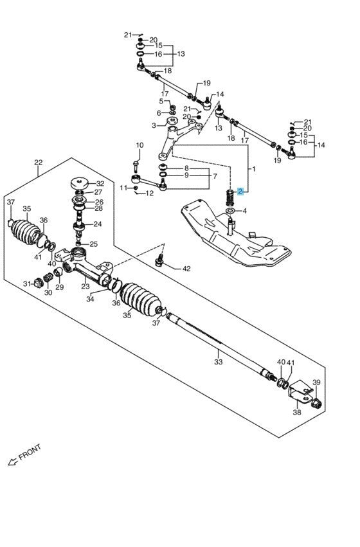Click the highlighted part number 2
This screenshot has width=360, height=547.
tap(240, 192)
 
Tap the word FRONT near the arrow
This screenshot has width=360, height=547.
tap(30, 453)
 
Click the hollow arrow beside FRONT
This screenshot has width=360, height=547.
tap(13, 462)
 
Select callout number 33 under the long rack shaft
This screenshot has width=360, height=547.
tap(218, 362)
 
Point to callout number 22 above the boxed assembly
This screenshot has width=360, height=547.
tap(39, 162)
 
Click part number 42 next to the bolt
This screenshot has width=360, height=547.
tap(186, 269)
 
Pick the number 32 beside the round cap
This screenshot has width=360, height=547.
tap(100, 183)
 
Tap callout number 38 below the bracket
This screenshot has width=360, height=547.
tap(297, 413)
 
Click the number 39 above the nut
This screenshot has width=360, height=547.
tap(316, 382)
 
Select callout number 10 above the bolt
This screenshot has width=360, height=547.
tap(139, 145)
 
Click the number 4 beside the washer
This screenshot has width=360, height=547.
tap(244, 211)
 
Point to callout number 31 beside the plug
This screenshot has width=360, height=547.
tap(27, 283)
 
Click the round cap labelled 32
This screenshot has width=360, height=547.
tap(79, 183)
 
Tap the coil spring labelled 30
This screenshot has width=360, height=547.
tap(48, 279)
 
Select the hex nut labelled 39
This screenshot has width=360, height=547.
tap(316, 403)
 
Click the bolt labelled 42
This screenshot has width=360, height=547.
tap(160, 260)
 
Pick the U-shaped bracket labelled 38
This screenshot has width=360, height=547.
tap(300, 393)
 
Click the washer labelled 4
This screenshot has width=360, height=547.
tap(230, 211)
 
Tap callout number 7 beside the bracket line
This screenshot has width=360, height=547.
tap(215, 177)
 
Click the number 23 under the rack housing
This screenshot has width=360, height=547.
tap(85, 286)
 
